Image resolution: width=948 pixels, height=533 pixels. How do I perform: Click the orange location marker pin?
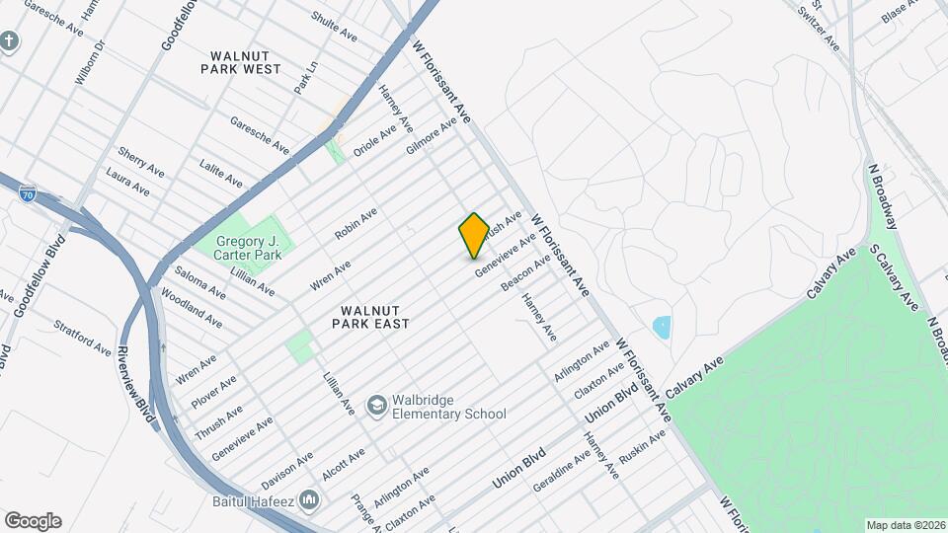[474, 235]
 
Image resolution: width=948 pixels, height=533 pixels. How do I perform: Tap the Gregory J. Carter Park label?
[237, 248]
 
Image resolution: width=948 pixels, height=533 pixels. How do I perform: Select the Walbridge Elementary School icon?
[376, 405]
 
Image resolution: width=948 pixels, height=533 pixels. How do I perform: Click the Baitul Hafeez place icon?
[309, 500]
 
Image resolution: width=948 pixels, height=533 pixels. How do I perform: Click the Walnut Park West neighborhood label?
[240, 61]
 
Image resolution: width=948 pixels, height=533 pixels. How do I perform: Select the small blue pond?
[662, 325]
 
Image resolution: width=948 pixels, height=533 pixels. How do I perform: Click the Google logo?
[33, 521]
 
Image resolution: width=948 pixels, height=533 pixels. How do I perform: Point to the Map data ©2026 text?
[906, 525]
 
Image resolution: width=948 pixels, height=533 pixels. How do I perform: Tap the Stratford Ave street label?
[82, 336]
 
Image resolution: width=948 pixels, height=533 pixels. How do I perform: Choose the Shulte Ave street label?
[334, 26]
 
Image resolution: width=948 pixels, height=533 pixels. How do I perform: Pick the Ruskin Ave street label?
[643, 449]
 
